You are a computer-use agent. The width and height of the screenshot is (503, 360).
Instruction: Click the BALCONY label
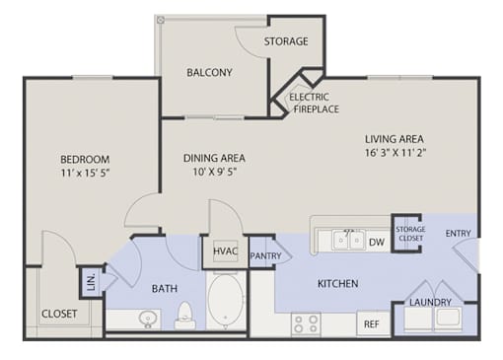(x=209, y=72)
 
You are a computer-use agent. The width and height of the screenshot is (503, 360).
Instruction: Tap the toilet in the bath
(x=185, y=316)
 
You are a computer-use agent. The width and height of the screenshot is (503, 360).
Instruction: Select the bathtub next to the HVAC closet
(x=226, y=301)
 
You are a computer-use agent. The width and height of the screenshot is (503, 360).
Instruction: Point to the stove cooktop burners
(x=306, y=324)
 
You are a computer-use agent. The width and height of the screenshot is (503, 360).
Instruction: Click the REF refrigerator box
(x=372, y=324)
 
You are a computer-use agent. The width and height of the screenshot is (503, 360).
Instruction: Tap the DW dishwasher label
(x=377, y=243)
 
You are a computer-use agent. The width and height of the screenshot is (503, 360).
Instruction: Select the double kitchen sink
(x=348, y=240)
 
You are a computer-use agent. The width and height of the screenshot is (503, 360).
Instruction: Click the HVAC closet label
(x=226, y=252)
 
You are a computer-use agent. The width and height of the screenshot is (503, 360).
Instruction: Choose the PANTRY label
(x=265, y=255)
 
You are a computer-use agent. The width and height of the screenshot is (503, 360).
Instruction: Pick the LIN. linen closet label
(x=91, y=282)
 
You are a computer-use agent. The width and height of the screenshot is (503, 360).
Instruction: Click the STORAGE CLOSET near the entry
(x=410, y=234)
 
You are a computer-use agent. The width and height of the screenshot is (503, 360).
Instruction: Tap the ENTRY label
(x=458, y=234)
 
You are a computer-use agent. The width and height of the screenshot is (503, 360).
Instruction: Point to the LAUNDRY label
(x=430, y=302)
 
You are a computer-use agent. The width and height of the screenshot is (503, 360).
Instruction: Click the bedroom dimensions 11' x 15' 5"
(x=85, y=173)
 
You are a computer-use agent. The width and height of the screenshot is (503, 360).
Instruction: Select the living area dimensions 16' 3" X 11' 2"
(x=395, y=153)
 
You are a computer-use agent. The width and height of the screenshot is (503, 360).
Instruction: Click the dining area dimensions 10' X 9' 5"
(x=215, y=172)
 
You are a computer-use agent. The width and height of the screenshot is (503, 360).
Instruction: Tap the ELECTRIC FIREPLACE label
(x=314, y=103)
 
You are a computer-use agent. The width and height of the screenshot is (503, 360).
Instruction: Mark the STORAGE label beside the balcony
(x=286, y=41)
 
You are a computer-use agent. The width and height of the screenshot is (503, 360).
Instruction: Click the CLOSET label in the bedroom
(x=59, y=314)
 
